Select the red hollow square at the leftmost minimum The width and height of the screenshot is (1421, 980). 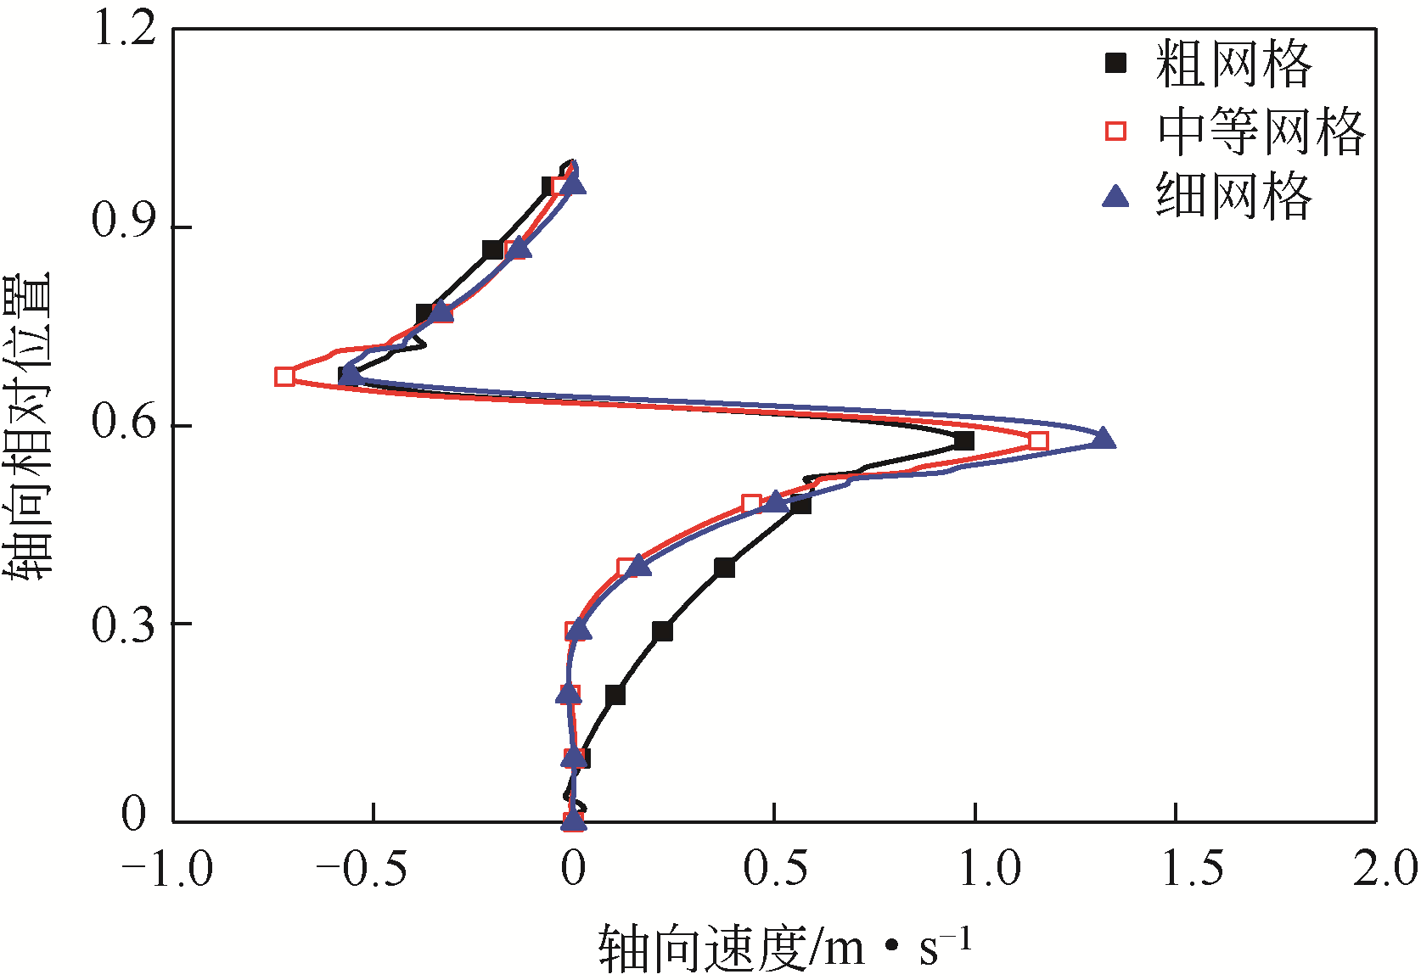pyautogui.click(x=285, y=377)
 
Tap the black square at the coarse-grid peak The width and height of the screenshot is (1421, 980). pyautogui.click(x=963, y=440)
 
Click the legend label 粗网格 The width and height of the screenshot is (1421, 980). pyautogui.click(x=1233, y=64)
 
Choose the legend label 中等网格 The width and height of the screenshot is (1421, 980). pyautogui.click(x=1261, y=131)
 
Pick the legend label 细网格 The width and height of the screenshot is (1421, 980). pyautogui.click(x=1233, y=196)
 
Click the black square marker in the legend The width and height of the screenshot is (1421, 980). pyautogui.click(x=1116, y=64)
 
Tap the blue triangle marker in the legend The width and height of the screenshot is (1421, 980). pyautogui.click(x=1116, y=197)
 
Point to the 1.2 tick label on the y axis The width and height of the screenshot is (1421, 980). pyautogui.click(x=125, y=30)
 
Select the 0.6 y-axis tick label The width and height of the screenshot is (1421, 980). pyautogui.click(x=125, y=422)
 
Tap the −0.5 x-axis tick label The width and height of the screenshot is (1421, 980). pyautogui.click(x=362, y=870)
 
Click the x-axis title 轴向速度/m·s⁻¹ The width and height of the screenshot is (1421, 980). pyautogui.click(x=784, y=948)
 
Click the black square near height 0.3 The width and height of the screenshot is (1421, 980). pyautogui.click(x=662, y=631)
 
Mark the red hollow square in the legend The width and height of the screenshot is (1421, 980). pyautogui.click(x=1116, y=131)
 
